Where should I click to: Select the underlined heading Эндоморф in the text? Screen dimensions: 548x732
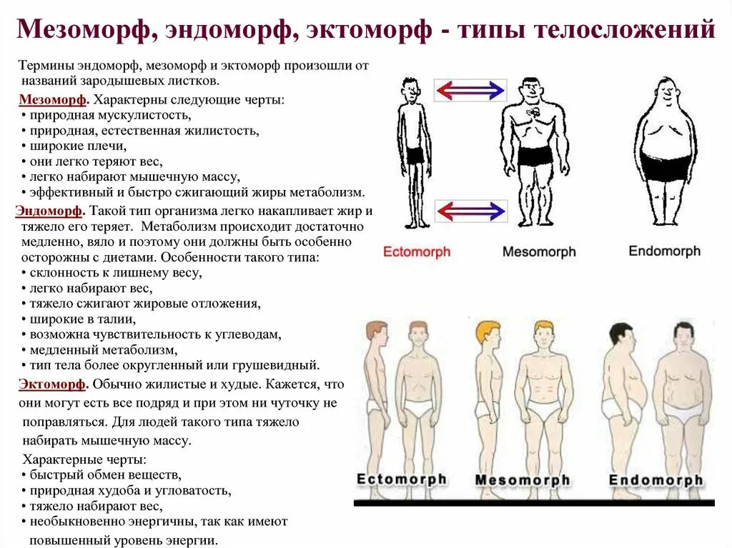click(x=49, y=211)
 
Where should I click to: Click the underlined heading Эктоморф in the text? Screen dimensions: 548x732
click(x=52, y=384)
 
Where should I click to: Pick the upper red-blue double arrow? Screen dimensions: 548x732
click(x=470, y=90)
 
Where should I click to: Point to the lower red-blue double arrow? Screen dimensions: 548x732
click(x=470, y=211)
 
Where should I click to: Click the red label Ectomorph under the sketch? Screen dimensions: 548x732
click(x=417, y=252)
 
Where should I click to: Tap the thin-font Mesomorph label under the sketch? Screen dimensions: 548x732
click(x=539, y=252)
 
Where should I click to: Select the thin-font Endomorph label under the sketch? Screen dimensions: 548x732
click(x=664, y=251)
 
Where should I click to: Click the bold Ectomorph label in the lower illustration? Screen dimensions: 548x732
click(x=402, y=479)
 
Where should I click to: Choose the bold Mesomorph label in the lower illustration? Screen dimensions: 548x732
click(x=523, y=480)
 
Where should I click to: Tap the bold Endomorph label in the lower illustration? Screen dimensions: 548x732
click(x=656, y=480)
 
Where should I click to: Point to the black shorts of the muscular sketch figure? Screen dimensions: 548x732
click(x=535, y=156)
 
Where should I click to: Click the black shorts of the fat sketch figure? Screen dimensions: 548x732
click(x=666, y=166)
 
